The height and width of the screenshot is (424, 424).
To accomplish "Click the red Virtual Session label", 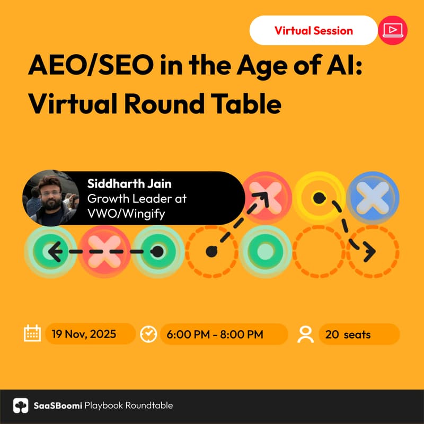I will point(314,30).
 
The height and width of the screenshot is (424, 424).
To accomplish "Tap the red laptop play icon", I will point(393,30).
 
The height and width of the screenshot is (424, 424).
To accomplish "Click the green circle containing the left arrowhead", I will point(50,252).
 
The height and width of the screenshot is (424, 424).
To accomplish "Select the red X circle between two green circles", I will point(104,252).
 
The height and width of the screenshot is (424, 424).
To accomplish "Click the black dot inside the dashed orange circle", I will point(211,251).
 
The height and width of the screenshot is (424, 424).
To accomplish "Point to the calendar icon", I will point(33,334).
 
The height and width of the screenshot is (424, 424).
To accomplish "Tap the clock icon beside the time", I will point(148,334).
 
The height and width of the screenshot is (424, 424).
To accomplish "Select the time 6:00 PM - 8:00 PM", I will point(215,334).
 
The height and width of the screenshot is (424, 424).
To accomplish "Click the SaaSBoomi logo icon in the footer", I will point(21,405).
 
